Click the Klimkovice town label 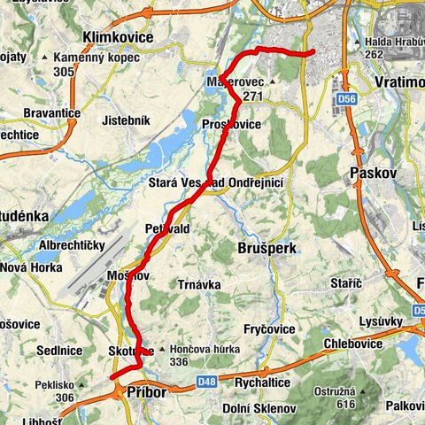[x=117, y=37]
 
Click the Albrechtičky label [x=72, y=244]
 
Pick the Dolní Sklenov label [x=264, y=408]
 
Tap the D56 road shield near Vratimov [x=346, y=100]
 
